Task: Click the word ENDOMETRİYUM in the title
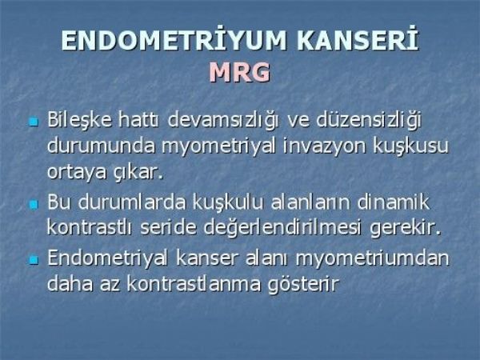coord(174,41)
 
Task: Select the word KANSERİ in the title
coord(358,39)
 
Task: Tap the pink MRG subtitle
coord(240,73)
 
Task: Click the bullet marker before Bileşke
coord(34,122)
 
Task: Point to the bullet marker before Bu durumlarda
coord(34,204)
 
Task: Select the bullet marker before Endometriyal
coord(34,260)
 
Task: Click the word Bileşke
coord(79,120)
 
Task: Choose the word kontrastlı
coord(90,227)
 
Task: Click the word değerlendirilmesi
coord(282,228)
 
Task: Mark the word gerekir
coord(406,228)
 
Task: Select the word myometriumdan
coord(372,259)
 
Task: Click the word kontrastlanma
coord(194,283)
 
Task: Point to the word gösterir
coord(303,285)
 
